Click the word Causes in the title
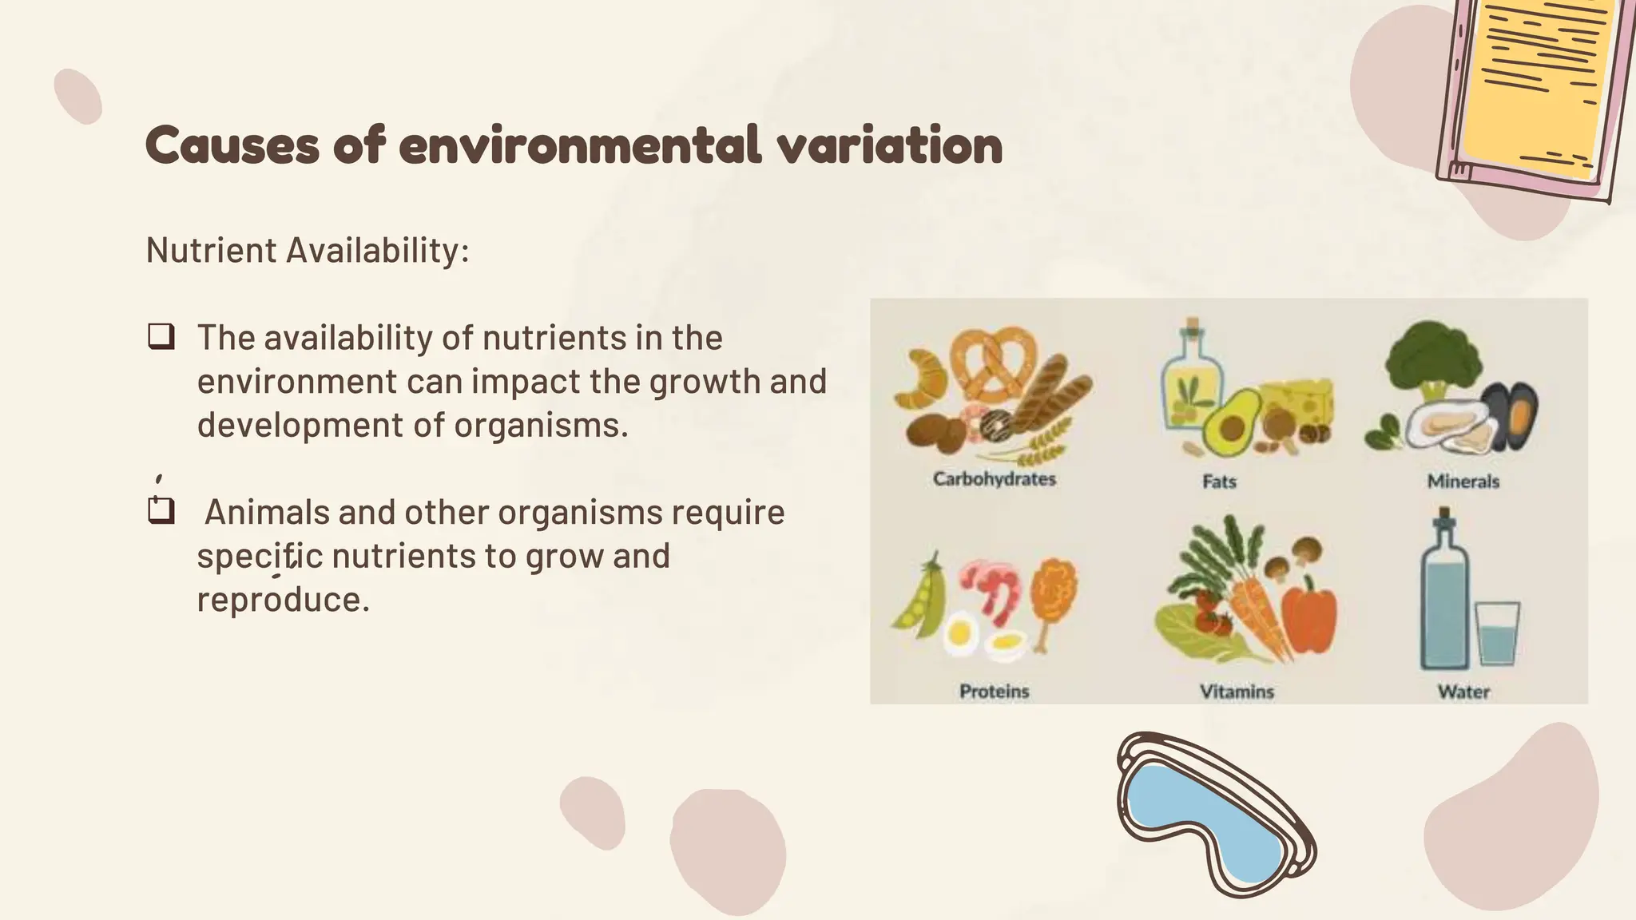(232, 146)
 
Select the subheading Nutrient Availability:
(308, 250)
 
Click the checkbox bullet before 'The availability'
(161, 337)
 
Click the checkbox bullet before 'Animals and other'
(161, 511)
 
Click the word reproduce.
(283, 600)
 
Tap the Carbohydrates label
(995, 478)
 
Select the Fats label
(1219, 481)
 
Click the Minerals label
(1463, 481)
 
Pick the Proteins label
(995, 691)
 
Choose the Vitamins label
(1237, 691)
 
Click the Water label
(1463, 691)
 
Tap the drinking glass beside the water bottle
(1496, 634)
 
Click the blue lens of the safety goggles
(1206, 823)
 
